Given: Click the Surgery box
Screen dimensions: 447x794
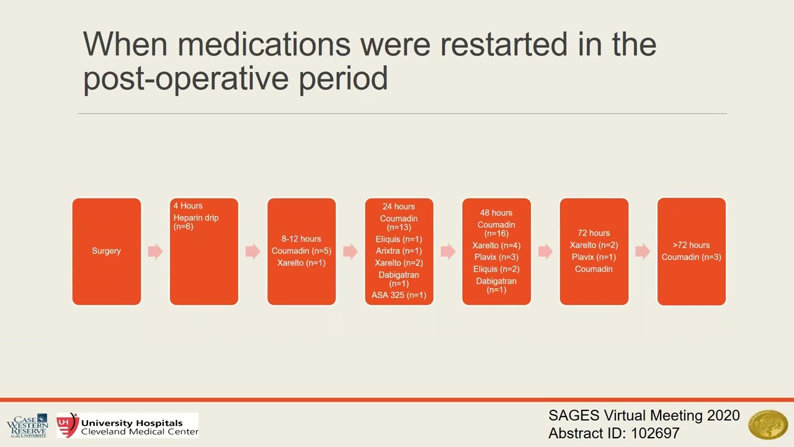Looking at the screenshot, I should (x=106, y=251).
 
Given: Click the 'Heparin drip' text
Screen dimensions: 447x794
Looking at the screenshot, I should (x=196, y=218).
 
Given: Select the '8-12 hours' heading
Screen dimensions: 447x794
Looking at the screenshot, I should (x=301, y=239).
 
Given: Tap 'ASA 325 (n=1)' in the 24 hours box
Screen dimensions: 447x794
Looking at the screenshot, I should (x=399, y=295).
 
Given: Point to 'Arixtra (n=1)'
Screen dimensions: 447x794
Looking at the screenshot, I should (x=399, y=251).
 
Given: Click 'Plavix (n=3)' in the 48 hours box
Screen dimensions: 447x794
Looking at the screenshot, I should (x=496, y=257).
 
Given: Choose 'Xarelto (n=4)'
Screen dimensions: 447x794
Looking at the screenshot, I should (x=496, y=245).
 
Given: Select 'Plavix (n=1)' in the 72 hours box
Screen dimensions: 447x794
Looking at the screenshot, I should (x=594, y=257).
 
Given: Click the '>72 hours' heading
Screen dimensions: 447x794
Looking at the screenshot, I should (x=691, y=245).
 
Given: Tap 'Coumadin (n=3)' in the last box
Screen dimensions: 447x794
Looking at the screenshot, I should (x=691, y=257).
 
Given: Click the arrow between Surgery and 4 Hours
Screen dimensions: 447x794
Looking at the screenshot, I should (x=155, y=251).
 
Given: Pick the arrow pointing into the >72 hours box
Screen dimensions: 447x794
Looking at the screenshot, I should (x=643, y=251).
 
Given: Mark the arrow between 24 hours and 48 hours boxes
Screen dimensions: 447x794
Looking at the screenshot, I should (x=448, y=251).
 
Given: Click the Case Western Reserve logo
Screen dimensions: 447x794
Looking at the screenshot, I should (x=27, y=425).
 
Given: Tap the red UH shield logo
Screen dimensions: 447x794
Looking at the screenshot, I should (x=67, y=425).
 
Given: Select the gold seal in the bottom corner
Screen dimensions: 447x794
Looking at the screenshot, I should (x=768, y=425).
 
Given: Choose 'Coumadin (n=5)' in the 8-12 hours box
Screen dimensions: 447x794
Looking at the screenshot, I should (x=301, y=251).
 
